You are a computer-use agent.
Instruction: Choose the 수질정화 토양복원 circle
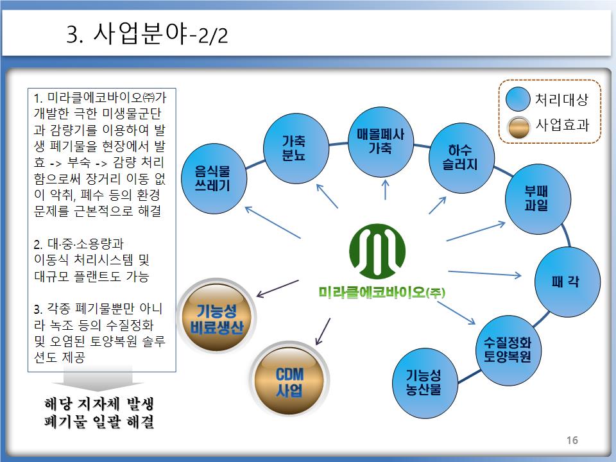(507, 350)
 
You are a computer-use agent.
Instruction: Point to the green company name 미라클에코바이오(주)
(382, 293)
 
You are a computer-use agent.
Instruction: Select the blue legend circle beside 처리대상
(518, 100)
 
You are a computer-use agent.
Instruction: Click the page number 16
(572, 440)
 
